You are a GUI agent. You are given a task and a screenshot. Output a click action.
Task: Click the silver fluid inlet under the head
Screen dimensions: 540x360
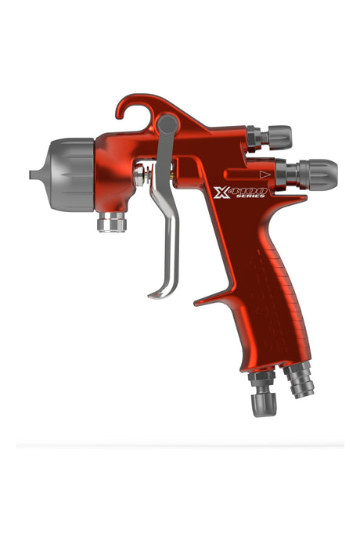(112, 222)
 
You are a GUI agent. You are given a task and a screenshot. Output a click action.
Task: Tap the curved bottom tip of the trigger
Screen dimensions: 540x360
(156, 294)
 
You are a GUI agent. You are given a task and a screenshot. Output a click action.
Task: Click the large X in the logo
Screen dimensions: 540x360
(221, 192)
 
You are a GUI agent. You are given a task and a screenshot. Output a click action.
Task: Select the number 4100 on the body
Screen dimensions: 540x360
(248, 189)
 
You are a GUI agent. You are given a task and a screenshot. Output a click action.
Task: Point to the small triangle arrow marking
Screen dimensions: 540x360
(265, 175)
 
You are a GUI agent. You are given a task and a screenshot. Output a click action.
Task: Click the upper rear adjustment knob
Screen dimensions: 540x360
(274, 137)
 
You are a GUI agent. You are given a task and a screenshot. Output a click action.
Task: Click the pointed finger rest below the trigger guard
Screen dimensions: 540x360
(205, 299)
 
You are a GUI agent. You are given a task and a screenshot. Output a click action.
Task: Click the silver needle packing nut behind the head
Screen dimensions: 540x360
(139, 175)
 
